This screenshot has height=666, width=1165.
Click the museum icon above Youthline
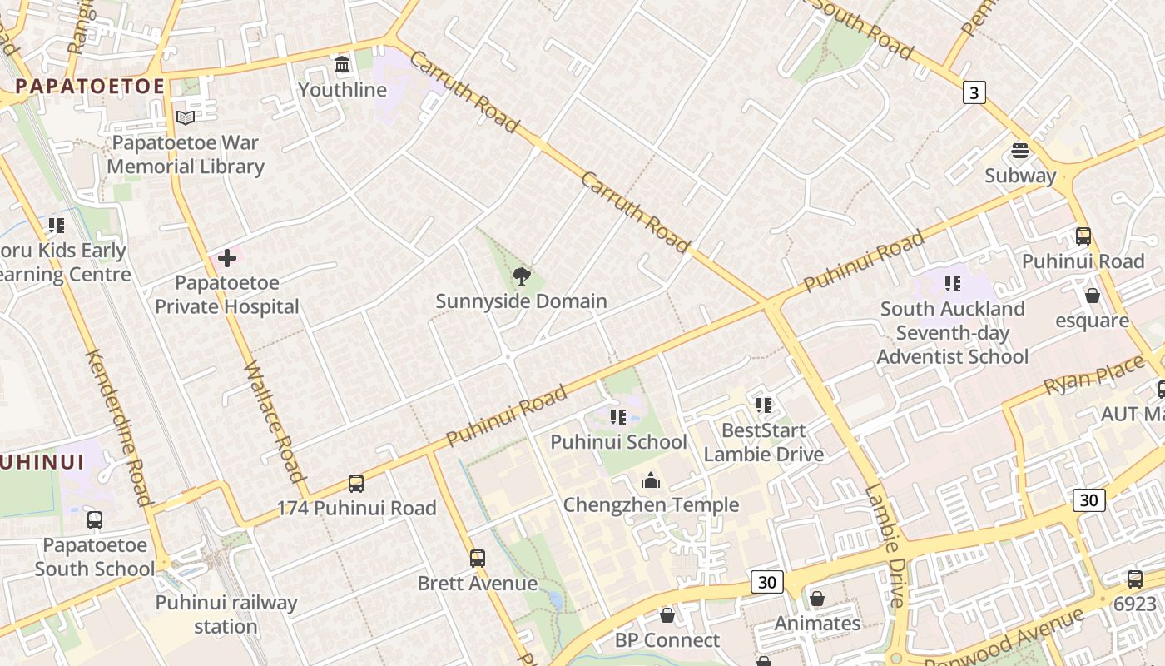coord(342,64)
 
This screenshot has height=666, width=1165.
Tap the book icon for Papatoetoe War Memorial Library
coord(186,118)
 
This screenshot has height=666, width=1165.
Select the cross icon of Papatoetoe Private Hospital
coord(226,258)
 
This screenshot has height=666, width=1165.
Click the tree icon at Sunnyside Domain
coord(521,276)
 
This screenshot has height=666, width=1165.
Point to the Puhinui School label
coord(618,442)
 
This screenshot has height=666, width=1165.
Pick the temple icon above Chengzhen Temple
coord(651,480)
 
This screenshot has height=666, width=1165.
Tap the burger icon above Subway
coord(1020,151)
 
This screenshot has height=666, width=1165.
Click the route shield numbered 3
coord(974,92)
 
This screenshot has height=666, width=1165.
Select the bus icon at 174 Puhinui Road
coord(356,483)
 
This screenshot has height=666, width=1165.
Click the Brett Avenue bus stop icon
coord(477,558)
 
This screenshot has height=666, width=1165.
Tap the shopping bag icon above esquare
coord(1093,296)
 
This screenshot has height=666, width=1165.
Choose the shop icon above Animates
coord(817,599)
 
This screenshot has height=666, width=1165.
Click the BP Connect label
coord(667,640)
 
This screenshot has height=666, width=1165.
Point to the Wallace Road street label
coord(274,422)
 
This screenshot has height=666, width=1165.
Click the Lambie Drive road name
coord(884,545)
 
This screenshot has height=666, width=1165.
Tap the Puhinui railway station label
coord(226,614)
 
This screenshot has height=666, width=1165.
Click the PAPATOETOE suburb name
coord(90,87)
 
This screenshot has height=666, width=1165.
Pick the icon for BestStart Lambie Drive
coord(764,405)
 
